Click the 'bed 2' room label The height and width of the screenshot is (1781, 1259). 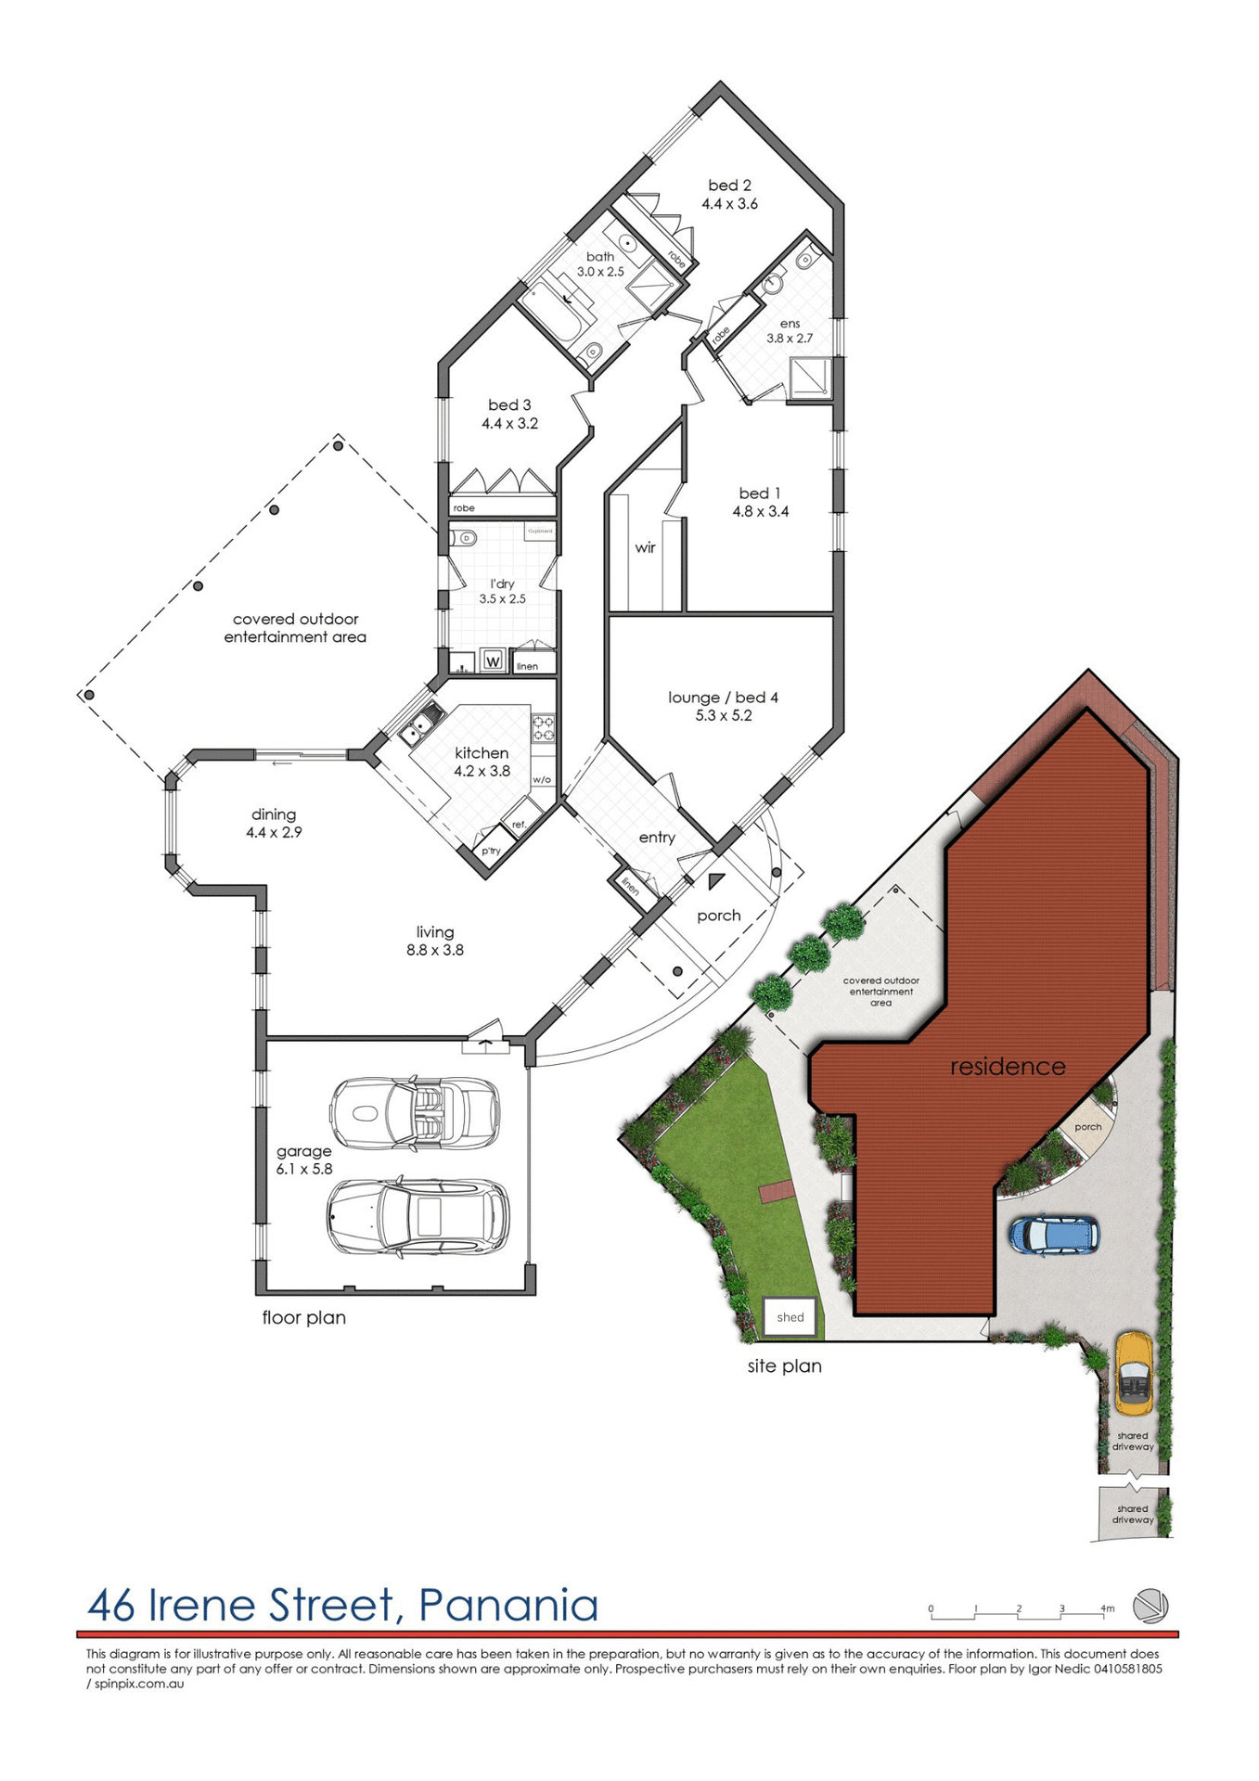(x=729, y=186)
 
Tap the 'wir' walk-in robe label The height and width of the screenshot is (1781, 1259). (x=645, y=547)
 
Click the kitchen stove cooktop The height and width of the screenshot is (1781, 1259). (x=543, y=727)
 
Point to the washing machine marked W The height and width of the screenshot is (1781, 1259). (x=494, y=661)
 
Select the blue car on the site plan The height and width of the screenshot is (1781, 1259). (x=1054, y=1235)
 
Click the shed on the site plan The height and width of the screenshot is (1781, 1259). (x=790, y=1317)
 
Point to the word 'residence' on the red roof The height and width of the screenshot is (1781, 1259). (x=1008, y=1067)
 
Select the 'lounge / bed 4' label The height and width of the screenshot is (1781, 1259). (x=723, y=698)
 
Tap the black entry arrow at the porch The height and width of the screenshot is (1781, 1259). (x=715, y=881)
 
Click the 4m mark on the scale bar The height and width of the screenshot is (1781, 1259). (x=1107, y=1608)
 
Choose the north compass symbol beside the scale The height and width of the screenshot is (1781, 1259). (x=1150, y=1606)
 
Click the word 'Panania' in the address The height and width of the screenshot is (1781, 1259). (x=508, y=1606)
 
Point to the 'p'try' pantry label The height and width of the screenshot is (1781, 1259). (x=491, y=851)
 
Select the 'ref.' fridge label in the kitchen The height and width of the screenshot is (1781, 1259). (x=519, y=824)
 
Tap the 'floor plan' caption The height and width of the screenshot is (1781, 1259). (x=303, y=1317)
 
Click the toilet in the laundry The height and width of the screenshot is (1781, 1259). (x=465, y=538)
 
